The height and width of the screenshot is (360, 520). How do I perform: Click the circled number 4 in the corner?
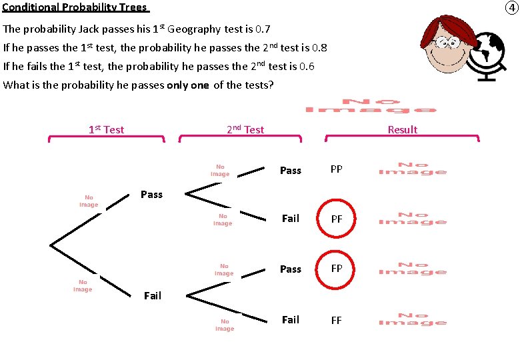[511, 8]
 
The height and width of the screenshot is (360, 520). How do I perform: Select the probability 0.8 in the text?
[319, 48]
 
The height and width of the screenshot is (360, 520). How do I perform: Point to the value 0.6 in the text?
[307, 67]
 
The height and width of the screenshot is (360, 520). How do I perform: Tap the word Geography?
[193, 29]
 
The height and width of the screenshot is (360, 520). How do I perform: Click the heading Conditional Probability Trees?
[76, 7]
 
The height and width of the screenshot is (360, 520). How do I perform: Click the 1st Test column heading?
[106, 129]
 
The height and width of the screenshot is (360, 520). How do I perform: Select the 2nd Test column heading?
[245, 129]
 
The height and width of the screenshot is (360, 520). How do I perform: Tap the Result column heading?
[403, 129]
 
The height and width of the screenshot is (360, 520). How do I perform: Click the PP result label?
[337, 169]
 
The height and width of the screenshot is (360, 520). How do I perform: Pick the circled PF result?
[337, 219]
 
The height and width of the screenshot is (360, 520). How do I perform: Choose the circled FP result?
[337, 269]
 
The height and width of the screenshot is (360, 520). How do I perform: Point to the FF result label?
[337, 320]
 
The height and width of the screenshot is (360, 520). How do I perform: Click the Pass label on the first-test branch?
[152, 195]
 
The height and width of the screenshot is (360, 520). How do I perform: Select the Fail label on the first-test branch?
[153, 296]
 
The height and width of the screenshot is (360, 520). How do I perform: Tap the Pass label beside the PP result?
[291, 171]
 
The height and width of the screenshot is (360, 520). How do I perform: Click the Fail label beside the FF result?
[291, 320]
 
